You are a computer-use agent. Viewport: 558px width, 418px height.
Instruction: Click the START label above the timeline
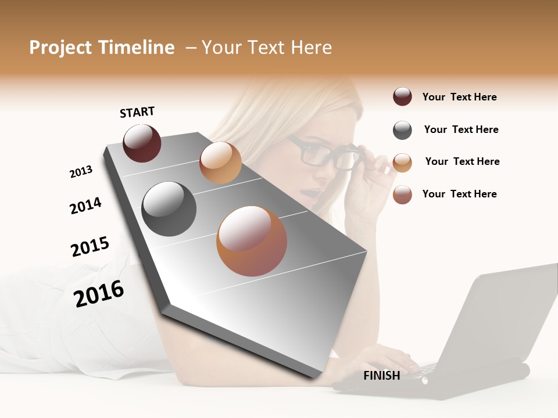click(137, 112)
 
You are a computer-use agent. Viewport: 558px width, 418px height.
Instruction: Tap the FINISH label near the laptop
click(381, 376)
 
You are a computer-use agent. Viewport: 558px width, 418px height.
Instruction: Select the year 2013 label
click(81, 172)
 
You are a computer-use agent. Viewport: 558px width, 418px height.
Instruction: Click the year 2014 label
click(85, 206)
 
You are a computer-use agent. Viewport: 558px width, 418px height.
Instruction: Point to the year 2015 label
click(90, 247)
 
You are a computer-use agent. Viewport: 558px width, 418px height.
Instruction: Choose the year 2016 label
click(99, 293)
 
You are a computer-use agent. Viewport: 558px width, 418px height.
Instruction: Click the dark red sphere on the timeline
click(142, 143)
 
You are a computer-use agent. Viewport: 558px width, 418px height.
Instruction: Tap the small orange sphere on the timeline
click(220, 163)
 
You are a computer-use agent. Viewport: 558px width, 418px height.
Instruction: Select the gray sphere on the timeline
click(169, 209)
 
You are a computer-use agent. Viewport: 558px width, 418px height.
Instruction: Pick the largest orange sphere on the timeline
click(252, 241)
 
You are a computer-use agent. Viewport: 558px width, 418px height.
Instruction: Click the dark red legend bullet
click(402, 96)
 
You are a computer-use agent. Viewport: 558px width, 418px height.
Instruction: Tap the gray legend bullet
click(402, 130)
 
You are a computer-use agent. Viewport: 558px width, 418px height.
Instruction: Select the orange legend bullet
click(402, 163)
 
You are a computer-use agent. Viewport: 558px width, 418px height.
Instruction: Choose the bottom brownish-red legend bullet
click(402, 194)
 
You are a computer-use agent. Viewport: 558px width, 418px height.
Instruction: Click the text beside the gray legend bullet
click(461, 129)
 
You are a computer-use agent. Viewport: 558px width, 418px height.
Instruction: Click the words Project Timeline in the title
click(102, 48)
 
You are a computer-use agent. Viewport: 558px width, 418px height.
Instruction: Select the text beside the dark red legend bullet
click(459, 97)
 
